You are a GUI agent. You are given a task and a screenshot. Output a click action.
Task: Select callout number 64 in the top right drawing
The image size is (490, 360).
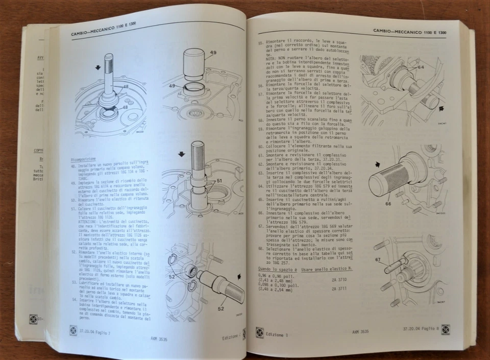[x=420, y=67]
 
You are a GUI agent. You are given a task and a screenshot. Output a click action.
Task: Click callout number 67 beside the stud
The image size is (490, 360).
[x=378, y=260]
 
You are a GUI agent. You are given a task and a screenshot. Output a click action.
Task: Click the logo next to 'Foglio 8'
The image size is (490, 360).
[x=445, y=329]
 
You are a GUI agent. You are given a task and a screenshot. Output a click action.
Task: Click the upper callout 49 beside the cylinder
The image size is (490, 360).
[x=213, y=53]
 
